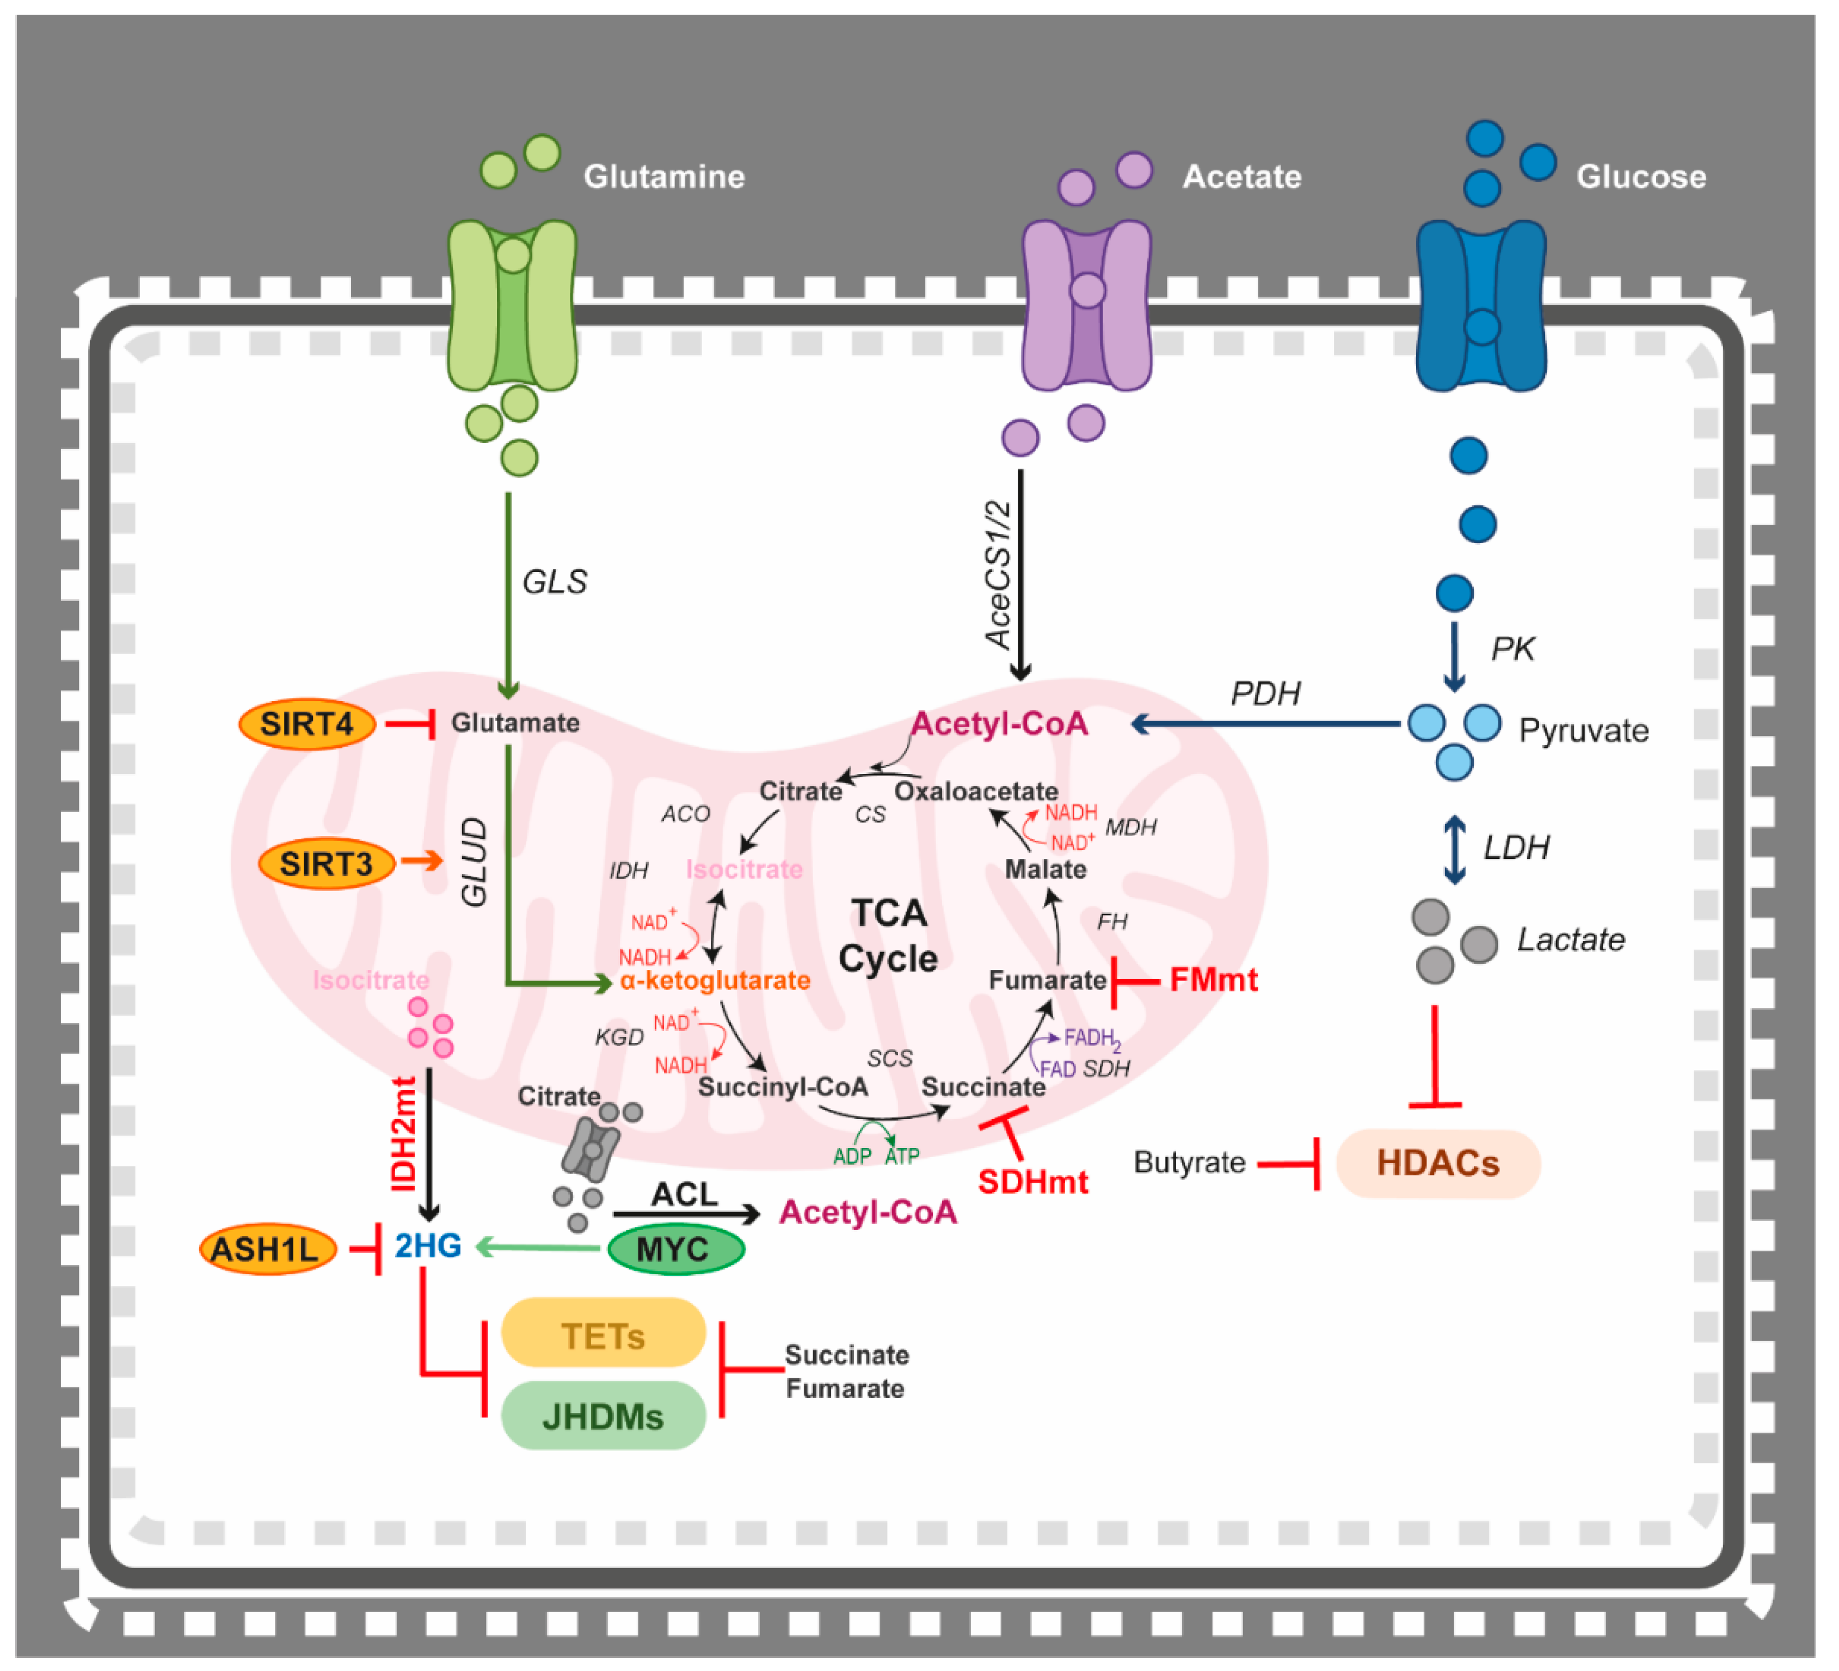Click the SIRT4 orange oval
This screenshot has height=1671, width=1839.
[x=306, y=725]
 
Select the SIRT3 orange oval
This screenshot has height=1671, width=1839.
[x=327, y=864]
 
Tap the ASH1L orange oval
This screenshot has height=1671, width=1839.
[x=267, y=1249]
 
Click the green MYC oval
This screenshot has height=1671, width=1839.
[x=676, y=1249]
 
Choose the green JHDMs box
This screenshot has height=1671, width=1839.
[x=603, y=1416]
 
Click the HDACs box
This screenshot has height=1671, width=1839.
[x=1438, y=1164]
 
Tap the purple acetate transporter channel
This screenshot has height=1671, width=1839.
[x=1086, y=305]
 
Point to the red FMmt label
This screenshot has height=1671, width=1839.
[x=1213, y=980]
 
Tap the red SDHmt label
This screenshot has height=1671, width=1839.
[x=1032, y=1183]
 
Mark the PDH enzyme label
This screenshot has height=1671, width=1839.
[x=1265, y=694]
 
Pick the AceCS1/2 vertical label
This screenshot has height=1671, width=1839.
[x=998, y=575]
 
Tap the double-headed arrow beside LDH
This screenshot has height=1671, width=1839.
[x=1455, y=850]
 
